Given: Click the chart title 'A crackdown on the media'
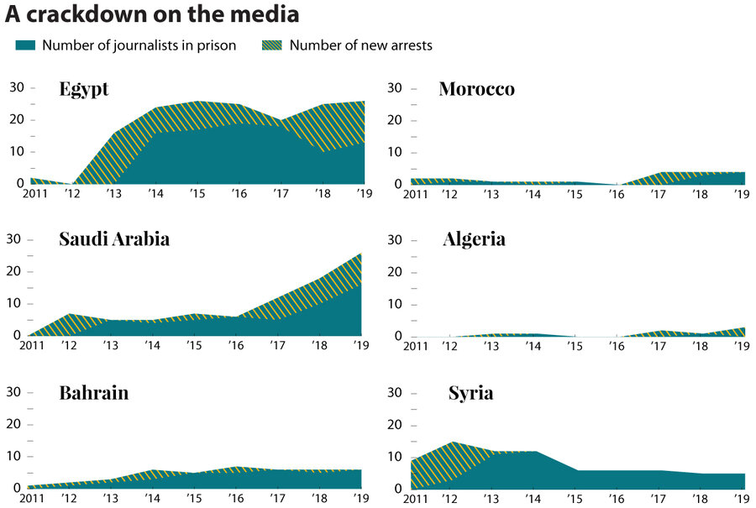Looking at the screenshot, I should (x=152, y=15).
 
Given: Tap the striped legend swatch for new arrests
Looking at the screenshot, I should (x=273, y=45).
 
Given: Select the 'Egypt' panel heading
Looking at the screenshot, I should (x=84, y=89).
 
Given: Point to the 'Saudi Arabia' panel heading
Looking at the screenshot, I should (x=114, y=239).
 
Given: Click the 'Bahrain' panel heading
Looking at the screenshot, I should (x=94, y=392).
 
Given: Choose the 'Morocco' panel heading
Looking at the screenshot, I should (x=476, y=89).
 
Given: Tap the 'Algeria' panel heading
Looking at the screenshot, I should (x=474, y=239).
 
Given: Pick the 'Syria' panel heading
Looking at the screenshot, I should (x=470, y=392).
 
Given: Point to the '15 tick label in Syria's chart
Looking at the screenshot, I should (x=575, y=499).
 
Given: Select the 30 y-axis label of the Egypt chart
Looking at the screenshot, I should (x=16, y=87).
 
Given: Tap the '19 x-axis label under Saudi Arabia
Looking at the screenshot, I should (x=360, y=346).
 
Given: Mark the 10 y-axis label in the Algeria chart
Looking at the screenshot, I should (x=397, y=304).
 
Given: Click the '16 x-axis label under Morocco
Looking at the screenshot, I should (x=617, y=194).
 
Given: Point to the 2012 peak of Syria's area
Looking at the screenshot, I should (x=452, y=443).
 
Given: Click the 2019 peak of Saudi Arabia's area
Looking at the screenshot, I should (x=361, y=254).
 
